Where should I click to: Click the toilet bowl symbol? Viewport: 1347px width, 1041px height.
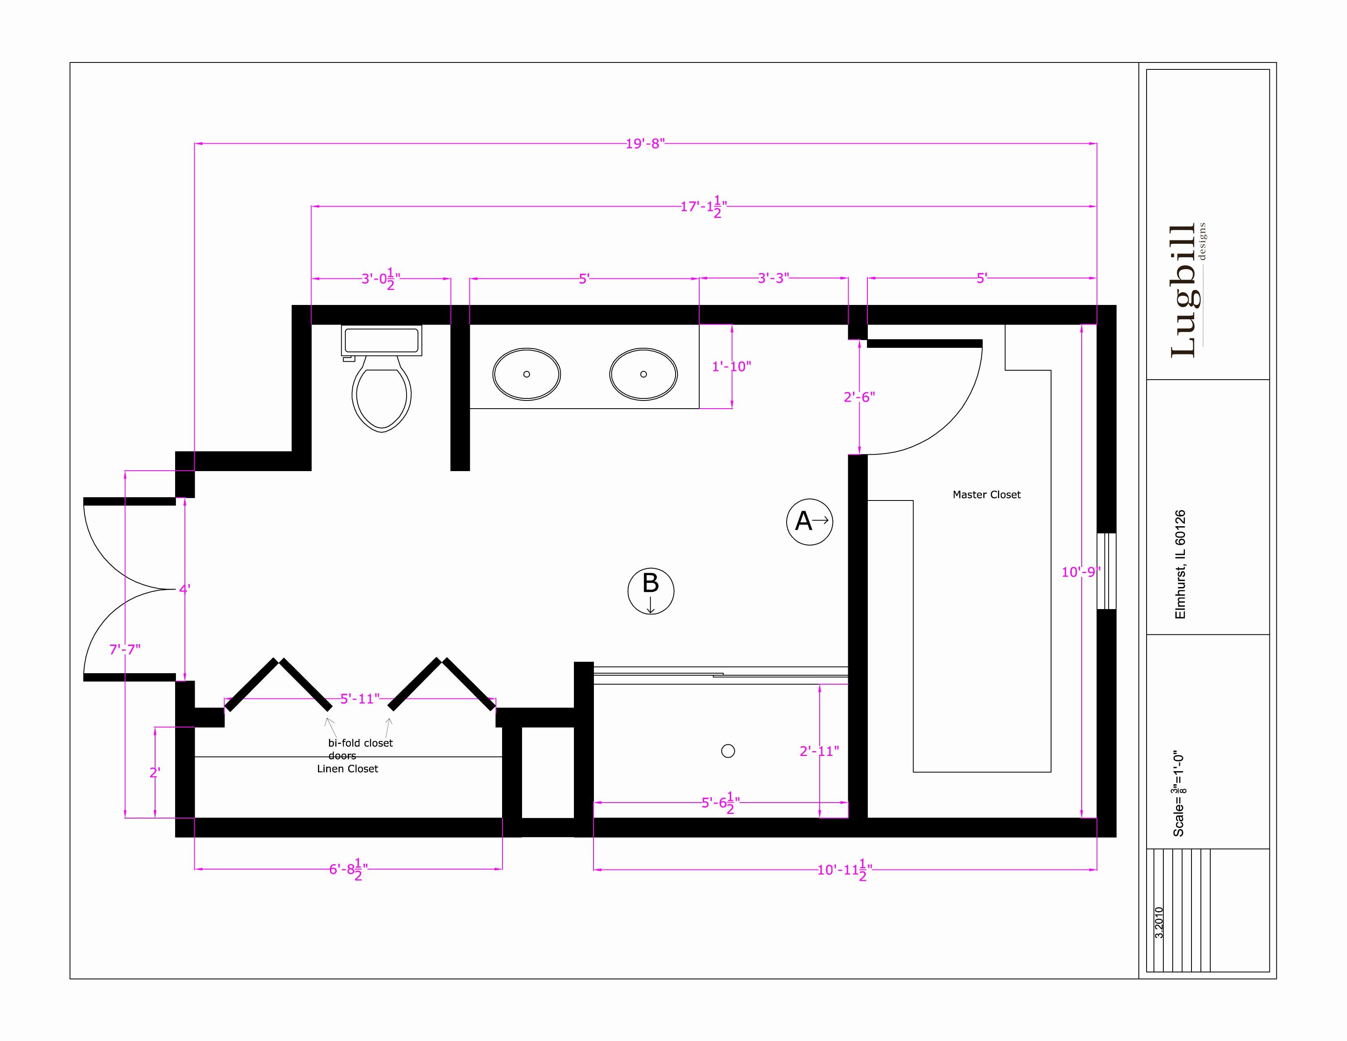point(382,395)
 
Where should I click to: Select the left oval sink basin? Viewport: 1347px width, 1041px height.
point(526,374)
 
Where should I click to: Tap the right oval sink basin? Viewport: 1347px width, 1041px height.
point(643,374)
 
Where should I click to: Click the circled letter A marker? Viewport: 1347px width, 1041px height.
point(809,522)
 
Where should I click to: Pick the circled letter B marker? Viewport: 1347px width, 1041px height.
point(651,591)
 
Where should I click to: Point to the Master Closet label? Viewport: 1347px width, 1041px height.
point(986,495)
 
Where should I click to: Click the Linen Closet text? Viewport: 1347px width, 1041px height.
point(347,769)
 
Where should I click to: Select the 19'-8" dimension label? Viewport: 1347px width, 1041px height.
point(645,144)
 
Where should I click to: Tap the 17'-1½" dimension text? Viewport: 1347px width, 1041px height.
point(703,207)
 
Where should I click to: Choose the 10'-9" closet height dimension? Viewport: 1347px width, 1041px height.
point(1080,572)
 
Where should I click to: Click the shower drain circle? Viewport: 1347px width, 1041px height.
point(728,751)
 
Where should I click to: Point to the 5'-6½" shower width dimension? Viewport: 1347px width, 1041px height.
point(720,803)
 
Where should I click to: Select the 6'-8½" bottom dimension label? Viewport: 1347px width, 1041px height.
point(349,870)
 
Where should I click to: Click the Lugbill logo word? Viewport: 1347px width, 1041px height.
point(1183,290)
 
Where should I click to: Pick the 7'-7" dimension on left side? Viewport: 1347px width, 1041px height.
point(125,650)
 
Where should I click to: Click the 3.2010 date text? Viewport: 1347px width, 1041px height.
point(1159,923)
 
